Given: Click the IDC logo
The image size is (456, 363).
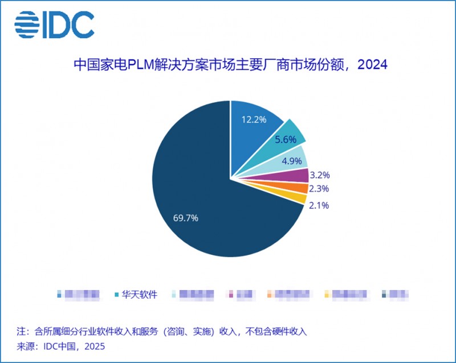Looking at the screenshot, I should pos(54,25).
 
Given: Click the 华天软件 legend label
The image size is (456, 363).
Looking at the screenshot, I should pos(139,295).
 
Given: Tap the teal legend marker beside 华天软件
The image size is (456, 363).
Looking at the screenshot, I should pos(117,295).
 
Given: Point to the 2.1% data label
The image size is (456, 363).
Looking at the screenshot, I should pos(319,206).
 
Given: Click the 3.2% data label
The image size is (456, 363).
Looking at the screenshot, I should pos(320,175).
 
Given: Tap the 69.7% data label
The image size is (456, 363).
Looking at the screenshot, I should pos(186,218).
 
